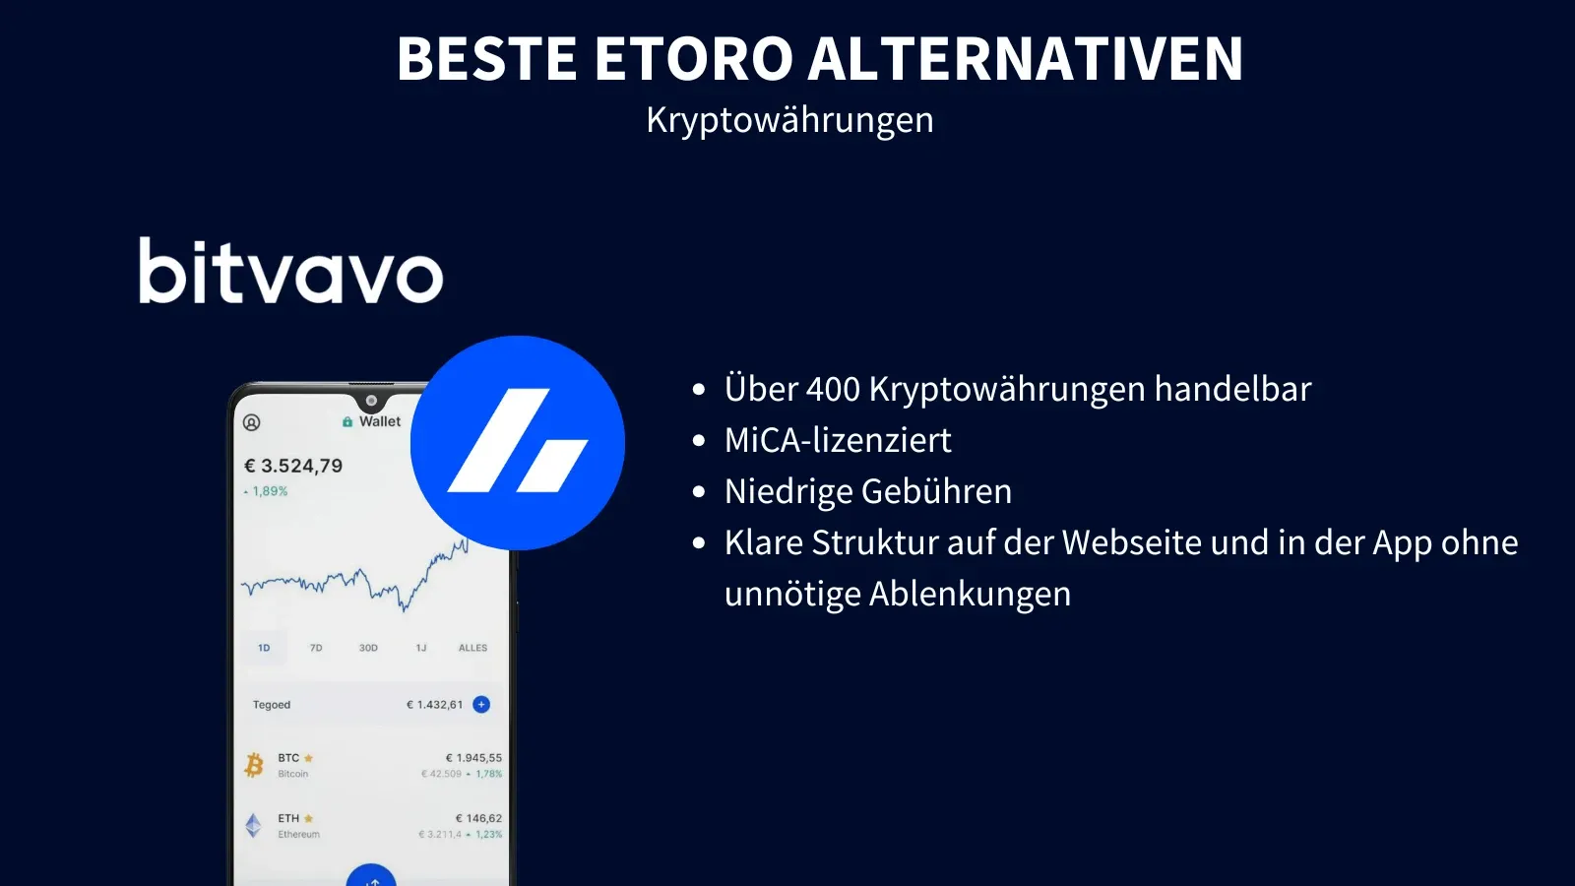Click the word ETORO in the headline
[693, 59]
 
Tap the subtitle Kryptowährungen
[789, 120]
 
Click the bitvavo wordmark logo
[290, 271]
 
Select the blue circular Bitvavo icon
[518, 443]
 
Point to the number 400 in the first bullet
[833, 390]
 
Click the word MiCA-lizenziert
[838, 440]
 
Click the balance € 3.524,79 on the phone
[293, 466]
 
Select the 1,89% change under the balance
[269, 491]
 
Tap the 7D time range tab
[316, 648]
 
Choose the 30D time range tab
[368, 648]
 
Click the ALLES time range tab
[472, 648]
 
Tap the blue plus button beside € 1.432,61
[481, 704]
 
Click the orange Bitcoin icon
[254, 765]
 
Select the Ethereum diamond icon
[253, 825]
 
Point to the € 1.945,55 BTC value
[473, 758]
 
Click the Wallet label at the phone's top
[379, 421]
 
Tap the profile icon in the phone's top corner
[252, 422]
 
